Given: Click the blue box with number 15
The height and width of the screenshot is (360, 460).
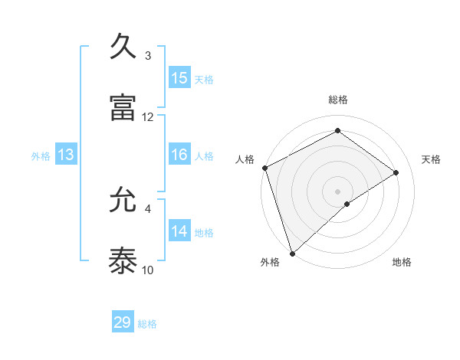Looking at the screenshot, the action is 179,78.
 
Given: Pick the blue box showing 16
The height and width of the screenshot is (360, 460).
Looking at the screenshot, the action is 179,155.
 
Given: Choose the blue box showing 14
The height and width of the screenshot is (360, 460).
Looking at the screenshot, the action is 179,231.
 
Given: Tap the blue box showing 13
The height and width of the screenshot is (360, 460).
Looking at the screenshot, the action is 66,155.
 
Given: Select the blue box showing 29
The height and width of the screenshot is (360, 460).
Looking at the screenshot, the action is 123,322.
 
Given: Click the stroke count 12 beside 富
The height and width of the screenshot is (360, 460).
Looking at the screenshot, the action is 148,116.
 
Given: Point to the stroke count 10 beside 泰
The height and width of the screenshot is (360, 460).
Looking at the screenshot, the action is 148,270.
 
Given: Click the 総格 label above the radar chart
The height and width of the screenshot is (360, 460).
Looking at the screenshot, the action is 337,100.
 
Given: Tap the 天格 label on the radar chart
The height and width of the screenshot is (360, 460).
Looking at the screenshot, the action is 431,159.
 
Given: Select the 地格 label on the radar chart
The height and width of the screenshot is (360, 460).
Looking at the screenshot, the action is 402,262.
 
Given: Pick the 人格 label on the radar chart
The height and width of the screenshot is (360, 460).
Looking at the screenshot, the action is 245,159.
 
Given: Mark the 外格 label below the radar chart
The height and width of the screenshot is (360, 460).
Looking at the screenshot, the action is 270,262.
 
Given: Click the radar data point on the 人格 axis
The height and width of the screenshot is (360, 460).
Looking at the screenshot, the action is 264,168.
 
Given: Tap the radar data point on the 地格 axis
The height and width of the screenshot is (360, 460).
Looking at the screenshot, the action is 347,204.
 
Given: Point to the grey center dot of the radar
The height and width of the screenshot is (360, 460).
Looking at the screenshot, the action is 337,191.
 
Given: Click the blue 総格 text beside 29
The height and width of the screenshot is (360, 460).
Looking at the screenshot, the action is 147,324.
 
